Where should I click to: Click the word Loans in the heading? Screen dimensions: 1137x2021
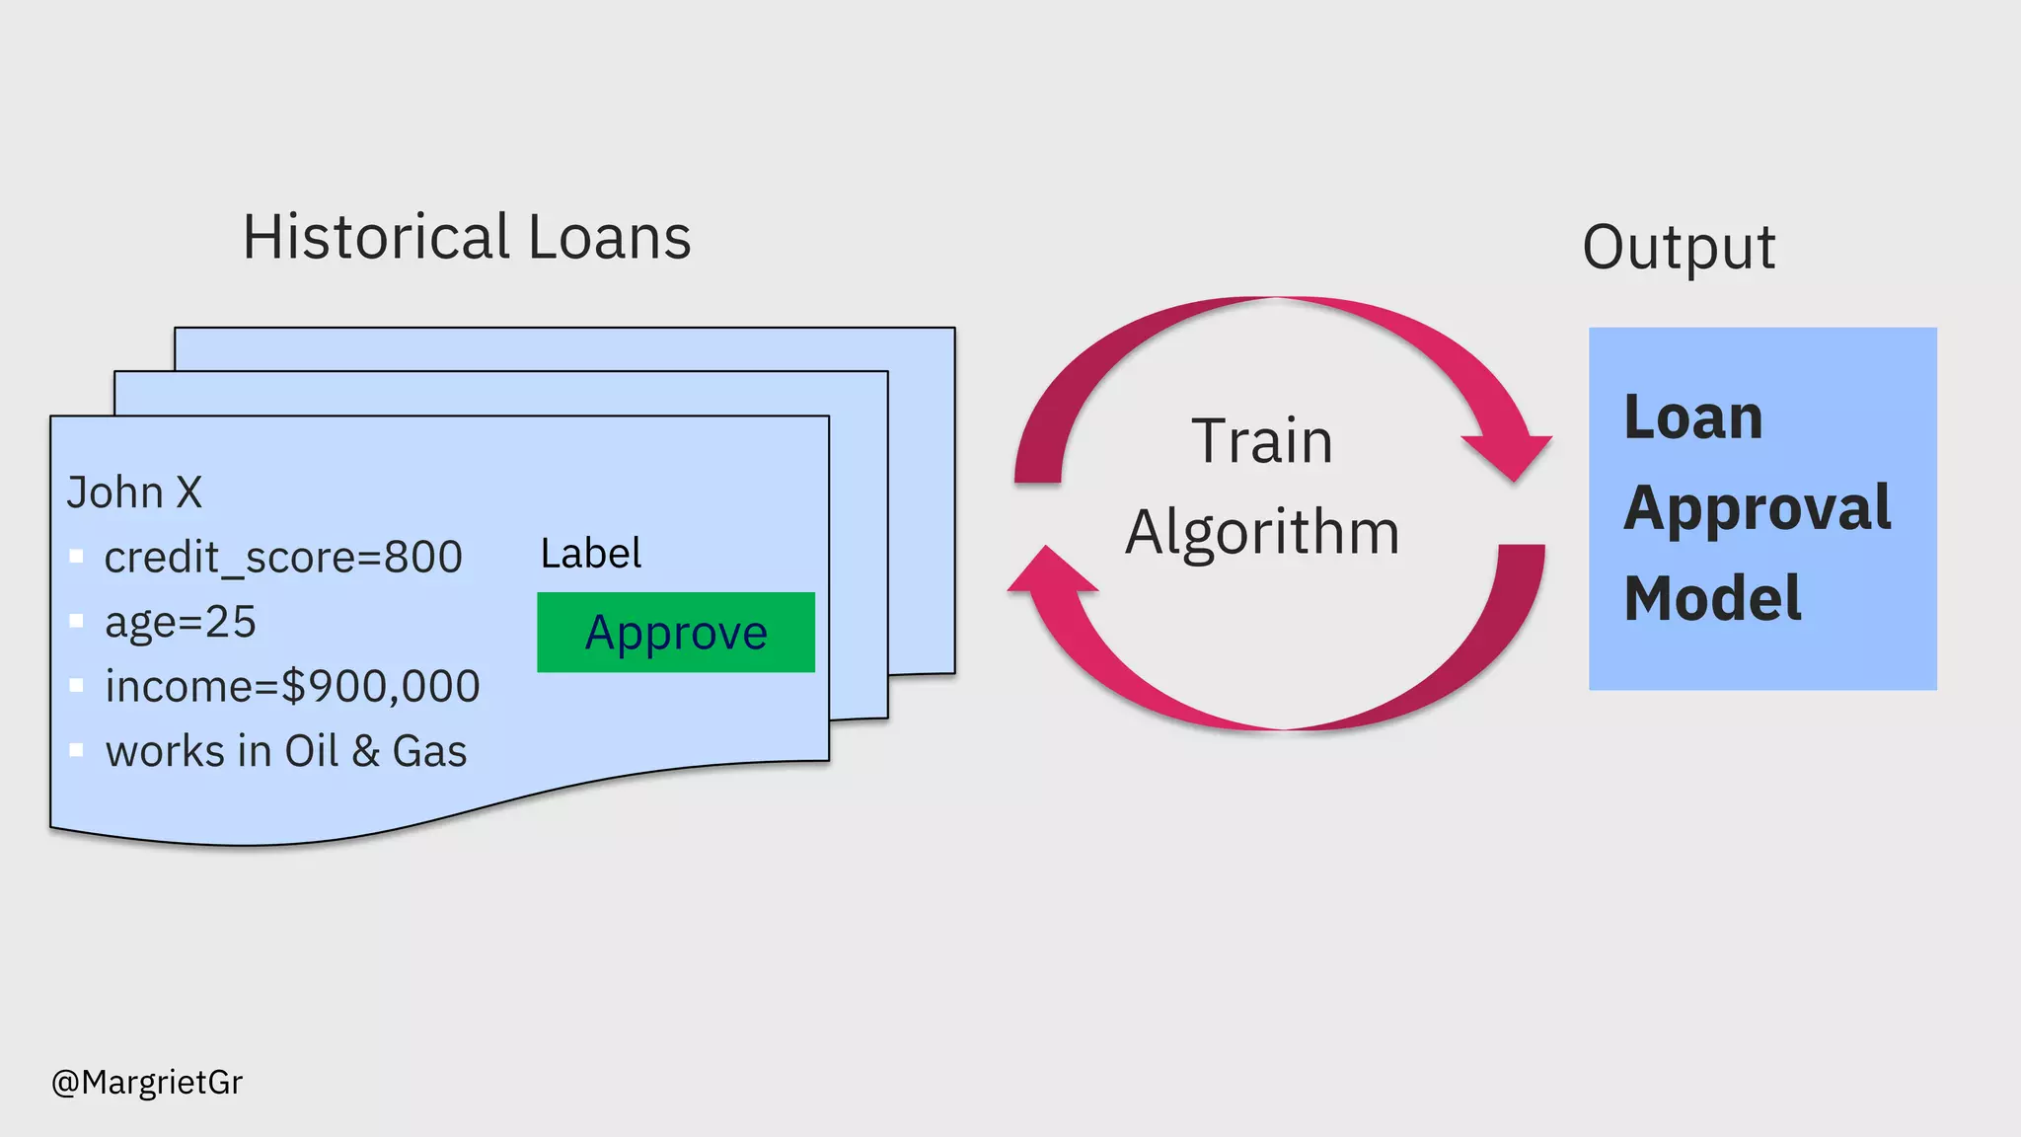click(x=609, y=238)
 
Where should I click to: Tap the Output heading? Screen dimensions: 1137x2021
click(x=1679, y=247)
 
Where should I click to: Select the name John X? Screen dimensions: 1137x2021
click(x=134, y=493)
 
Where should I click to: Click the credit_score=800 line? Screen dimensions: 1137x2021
click(x=283, y=558)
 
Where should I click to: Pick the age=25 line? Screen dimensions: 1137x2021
click(x=181, y=623)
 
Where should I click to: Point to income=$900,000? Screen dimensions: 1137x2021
click(x=292, y=687)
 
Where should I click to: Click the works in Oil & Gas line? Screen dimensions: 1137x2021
click(x=286, y=752)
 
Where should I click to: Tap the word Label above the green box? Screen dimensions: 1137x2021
click(x=591, y=554)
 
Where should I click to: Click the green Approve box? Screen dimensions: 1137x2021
click(x=676, y=633)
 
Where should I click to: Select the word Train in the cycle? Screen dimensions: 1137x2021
click(x=1262, y=441)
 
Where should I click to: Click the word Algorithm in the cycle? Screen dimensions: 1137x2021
click(x=1262, y=533)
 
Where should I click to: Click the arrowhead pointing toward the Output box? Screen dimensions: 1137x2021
click(x=1510, y=454)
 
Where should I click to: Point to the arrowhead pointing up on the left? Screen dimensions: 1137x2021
click(x=1050, y=572)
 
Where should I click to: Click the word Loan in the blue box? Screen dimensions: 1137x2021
click(x=1693, y=417)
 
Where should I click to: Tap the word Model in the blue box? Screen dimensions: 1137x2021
click(x=1713, y=599)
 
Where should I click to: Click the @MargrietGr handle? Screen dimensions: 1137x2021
click(x=147, y=1083)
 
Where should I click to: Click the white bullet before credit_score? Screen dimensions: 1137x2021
click(x=76, y=557)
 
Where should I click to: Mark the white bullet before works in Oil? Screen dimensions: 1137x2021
click(x=76, y=750)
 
